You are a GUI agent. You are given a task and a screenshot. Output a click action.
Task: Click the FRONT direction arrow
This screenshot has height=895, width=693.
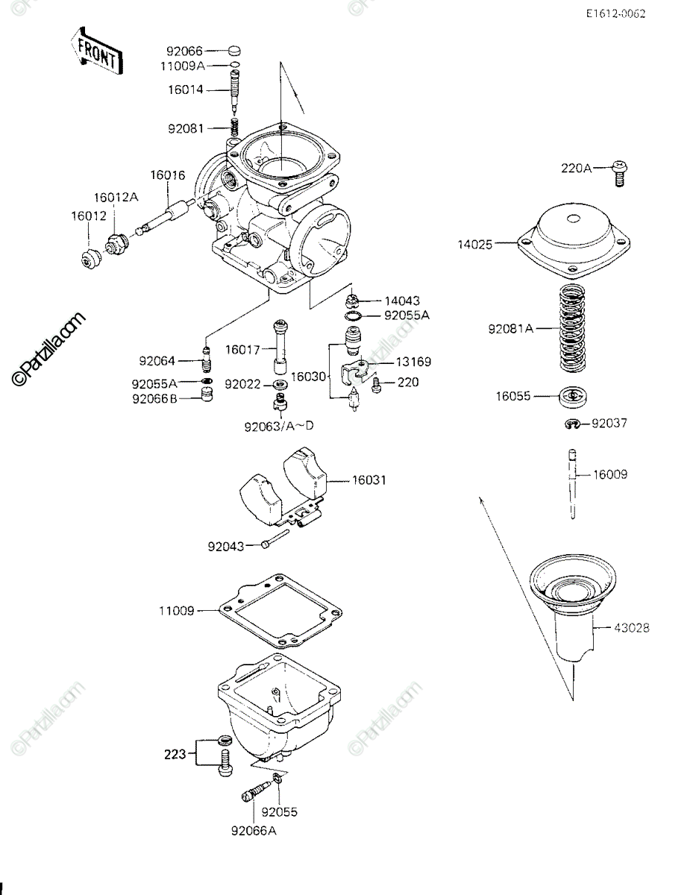pyautogui.click(x=97, y=51)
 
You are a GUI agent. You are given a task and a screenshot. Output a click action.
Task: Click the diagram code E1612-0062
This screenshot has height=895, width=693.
pyautogui.click(x=615, y=13)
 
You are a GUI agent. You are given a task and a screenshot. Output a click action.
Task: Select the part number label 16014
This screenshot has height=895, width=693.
pyautogui.click(x=185, y=89)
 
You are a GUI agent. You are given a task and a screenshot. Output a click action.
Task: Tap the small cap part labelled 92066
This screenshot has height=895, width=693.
pyautogui.click(x=234, y=51)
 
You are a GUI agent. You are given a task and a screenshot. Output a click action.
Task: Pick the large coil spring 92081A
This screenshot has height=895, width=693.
pyautogui.click(x=572, y=328)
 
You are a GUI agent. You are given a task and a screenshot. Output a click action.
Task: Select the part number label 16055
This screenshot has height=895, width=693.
pyautogui.click(x=513, y=396)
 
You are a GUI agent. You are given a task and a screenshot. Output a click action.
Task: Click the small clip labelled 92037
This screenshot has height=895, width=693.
pyautogui.click(x=572, y=424)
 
